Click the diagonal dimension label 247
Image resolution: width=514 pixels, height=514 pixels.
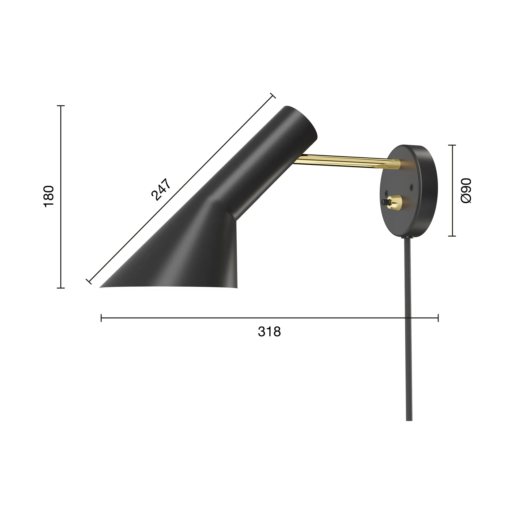point(161,189)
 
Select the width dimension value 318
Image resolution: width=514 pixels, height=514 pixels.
point(269,332)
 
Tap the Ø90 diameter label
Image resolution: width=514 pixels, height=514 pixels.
point(466,190)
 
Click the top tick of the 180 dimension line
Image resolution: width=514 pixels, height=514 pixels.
point(61,106)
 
